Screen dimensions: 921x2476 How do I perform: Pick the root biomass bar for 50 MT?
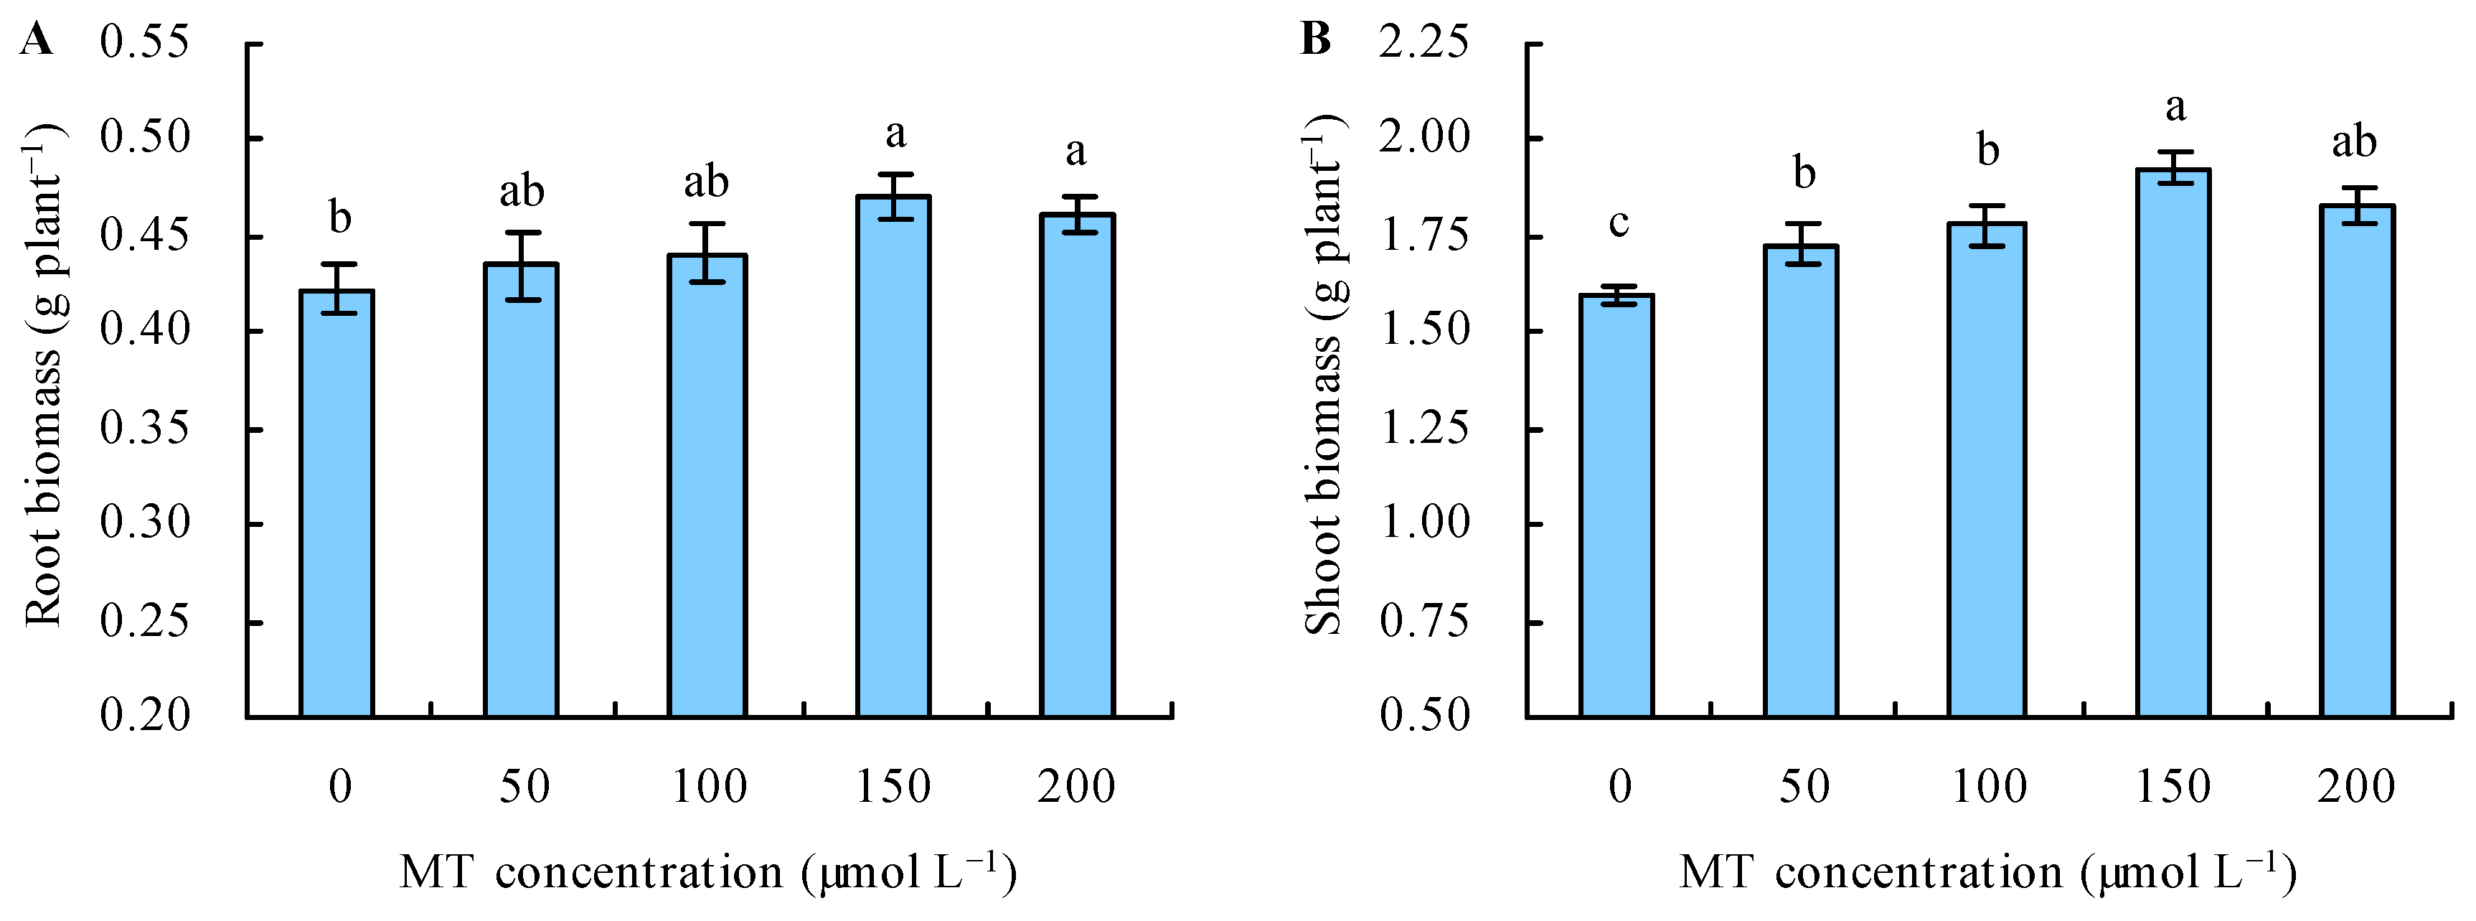[x=521, y=490]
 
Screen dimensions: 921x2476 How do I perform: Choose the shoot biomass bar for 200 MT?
[x=2357, y=462]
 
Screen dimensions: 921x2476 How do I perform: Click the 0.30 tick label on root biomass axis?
[x=144, y=524]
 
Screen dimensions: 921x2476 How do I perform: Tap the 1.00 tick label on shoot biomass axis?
[x=1423, y=524]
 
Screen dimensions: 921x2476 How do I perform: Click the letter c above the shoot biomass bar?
[x=1619, y=223]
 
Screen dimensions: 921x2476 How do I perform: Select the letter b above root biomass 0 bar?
[x=340, y=218]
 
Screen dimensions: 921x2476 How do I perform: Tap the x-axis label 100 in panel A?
[x=708, y=787]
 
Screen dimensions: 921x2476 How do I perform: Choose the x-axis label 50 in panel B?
[x=1804, y=787]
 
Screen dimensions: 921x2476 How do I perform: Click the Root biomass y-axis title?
[x=42, y=375]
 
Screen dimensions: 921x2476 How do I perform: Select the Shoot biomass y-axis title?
[x=1322, y=375]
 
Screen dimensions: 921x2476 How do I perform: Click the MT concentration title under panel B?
[x=1987, y=873]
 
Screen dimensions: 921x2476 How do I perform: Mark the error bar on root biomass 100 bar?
[x=707, y=253]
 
